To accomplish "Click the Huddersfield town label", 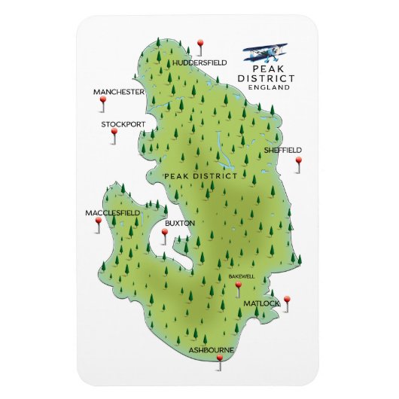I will [x=200, y=63].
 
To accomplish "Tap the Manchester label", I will [x=118, y=92].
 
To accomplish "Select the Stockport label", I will [x=123, y=123].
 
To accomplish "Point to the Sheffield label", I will [x=283, y=150].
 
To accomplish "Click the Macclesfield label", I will [x=112, y=213].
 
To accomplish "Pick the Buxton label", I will [x=180, y=223].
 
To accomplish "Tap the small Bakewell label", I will [x=242, y=276].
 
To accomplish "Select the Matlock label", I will [x=261, y=303].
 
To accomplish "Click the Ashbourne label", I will [x=211, y=350].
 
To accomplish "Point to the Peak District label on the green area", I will [x=195, y=175].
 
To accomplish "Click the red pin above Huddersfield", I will [x=200, y=44].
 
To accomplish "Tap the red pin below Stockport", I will [x=114, y=133].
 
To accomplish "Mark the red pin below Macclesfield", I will [x=96, y=224].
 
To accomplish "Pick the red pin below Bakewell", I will [x=238, y=286].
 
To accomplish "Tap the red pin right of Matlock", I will [x=287, y=300].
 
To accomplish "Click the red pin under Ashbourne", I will [x=220, y=360].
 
